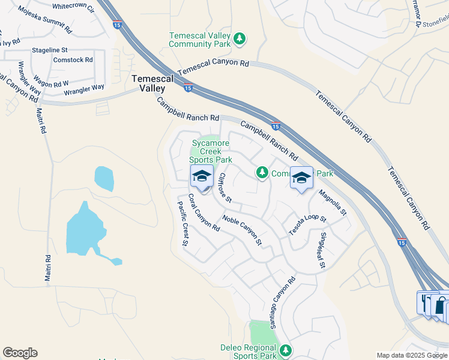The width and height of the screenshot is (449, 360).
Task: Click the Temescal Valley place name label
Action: click(152, 83)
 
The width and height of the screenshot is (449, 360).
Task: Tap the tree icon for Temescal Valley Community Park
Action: click(240, 39)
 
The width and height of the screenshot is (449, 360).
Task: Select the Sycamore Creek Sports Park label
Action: click(211, 151)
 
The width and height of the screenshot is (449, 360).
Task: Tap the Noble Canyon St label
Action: click(243, 230)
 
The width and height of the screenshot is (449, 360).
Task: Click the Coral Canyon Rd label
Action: click(203, 212)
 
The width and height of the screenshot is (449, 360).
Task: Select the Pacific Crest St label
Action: click(182, 223)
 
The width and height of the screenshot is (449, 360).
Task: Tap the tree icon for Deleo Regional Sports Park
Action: click(286, 350)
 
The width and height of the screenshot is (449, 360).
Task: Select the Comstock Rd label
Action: click(73, 60)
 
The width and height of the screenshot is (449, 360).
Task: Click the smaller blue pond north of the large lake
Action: click(104, 178)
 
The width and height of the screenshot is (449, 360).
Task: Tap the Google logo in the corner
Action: click(20, 353)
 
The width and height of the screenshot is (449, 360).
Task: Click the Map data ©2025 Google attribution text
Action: click(411, 355)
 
